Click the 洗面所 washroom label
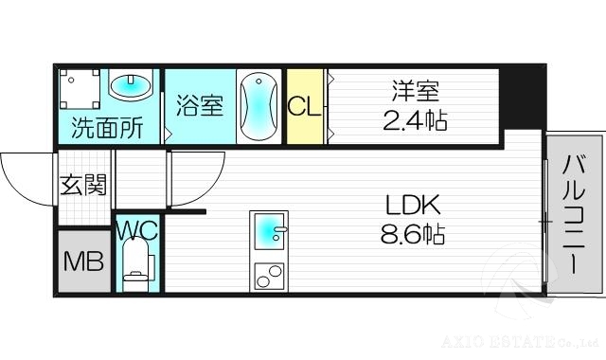coord(108,128)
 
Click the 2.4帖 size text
coord(415,121)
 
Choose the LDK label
coord(412,205)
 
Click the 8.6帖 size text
coord(412,233)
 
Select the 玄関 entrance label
coord(83,185)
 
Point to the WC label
coord(136,228)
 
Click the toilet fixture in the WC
coord(137,265)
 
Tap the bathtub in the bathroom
coord(258,106)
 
